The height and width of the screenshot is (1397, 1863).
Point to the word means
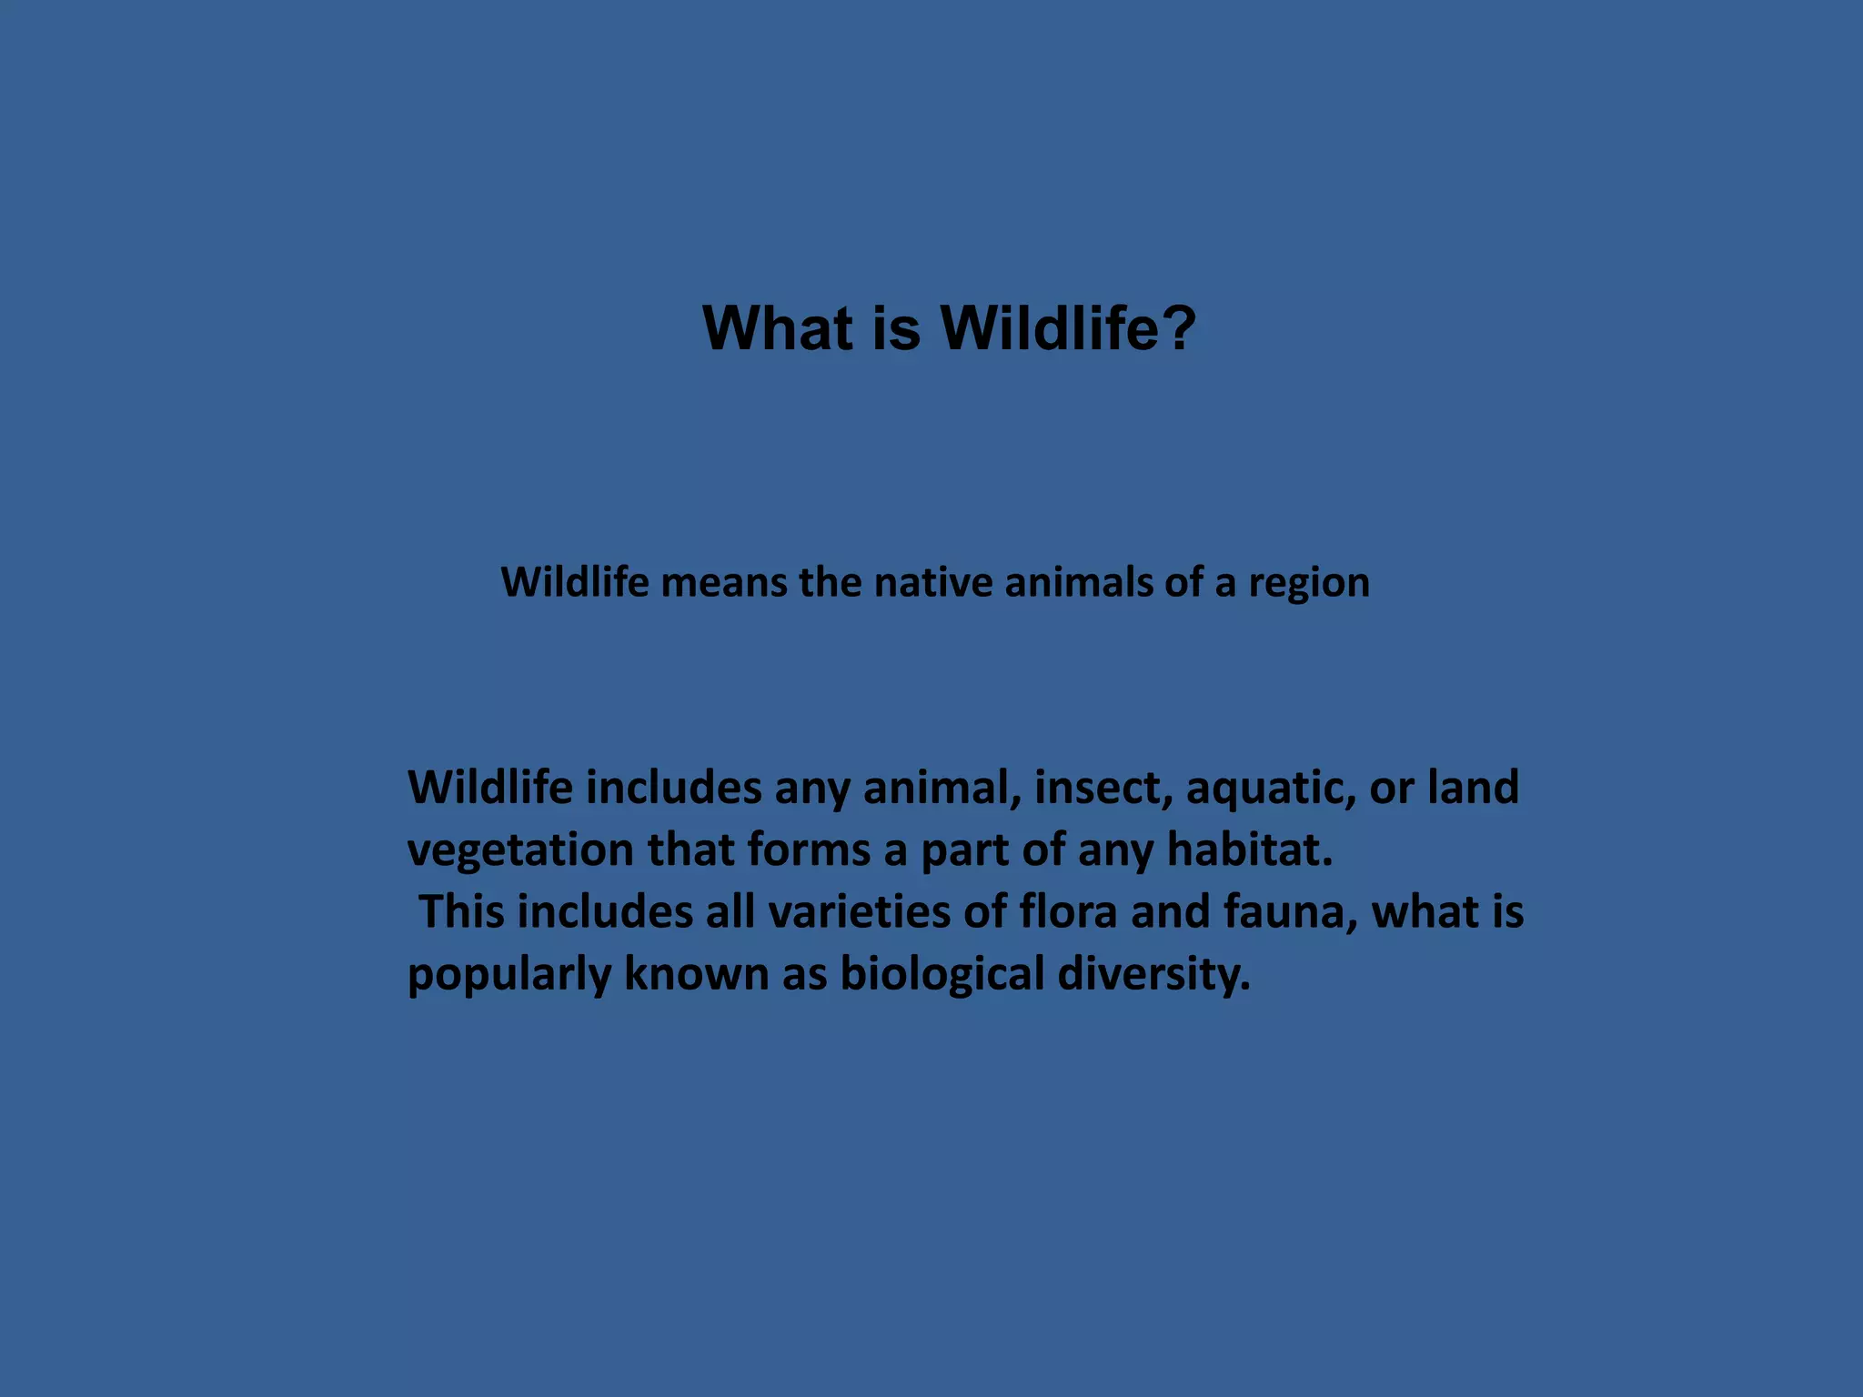point(723,582)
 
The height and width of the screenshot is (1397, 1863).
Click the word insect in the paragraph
point(1103,787)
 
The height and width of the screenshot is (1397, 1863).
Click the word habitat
point(1249,849)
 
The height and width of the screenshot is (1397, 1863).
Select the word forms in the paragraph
point(809,849)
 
